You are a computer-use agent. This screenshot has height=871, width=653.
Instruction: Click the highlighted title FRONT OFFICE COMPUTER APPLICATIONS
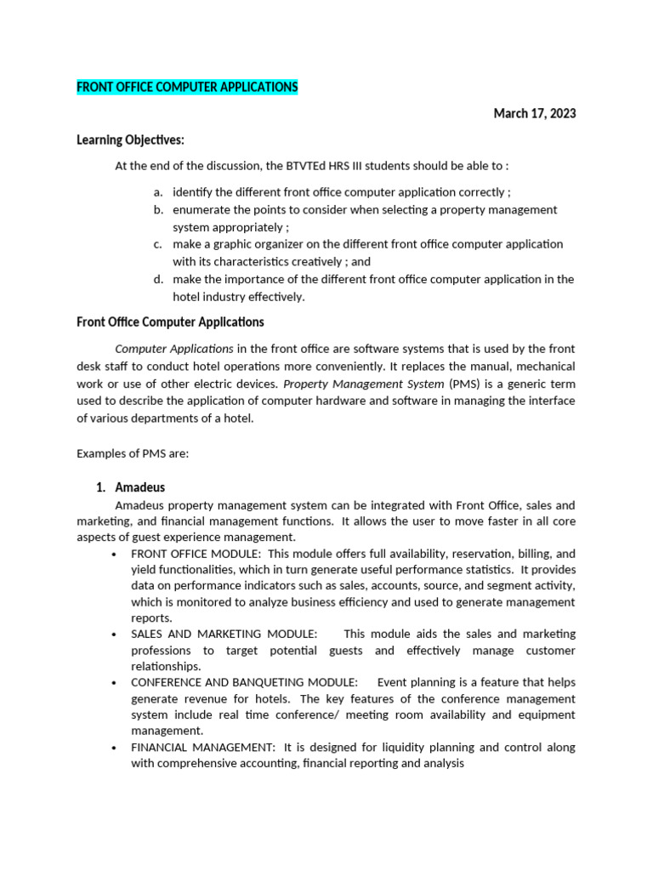(x=187, y=88)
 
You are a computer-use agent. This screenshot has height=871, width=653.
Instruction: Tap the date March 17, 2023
(x=534, y=114)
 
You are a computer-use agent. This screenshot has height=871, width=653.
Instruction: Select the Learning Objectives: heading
(x=130, y=140)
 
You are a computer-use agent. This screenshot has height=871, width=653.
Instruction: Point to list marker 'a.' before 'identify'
(x=159, y=192)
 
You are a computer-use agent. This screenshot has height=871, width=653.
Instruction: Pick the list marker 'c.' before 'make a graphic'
(x=159, y=244)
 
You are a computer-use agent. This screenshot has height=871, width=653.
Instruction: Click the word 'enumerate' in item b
(x=201, y=209)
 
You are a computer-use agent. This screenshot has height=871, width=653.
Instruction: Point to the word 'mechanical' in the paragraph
(x=545, y=366)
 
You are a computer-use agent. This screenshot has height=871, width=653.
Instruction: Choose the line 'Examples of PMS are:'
(x=133, y=453)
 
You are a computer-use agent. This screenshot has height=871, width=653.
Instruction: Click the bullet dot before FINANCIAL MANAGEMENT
(x=114, y=748)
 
